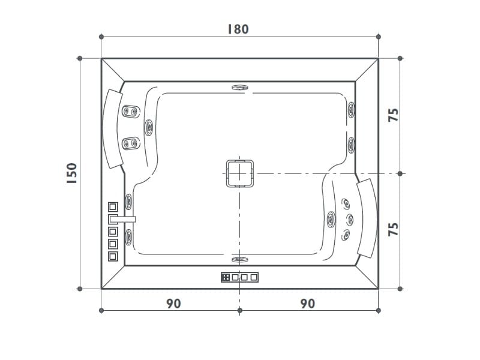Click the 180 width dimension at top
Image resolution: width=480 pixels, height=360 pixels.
point(238,29)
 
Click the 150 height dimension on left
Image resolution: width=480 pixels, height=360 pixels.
point(71,173)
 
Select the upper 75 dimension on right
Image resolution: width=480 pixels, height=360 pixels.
point(394,116)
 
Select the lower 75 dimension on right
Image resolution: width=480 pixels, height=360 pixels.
point(394,230)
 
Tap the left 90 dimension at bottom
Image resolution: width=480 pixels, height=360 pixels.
point(173,304)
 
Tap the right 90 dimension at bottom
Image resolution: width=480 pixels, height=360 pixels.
point(307,304)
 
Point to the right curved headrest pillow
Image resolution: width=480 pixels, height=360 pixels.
point(367,217)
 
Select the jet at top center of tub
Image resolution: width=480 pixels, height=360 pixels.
point(240,86)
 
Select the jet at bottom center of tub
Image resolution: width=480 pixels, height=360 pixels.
point(239,259)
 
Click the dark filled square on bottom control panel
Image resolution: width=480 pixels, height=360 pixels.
point(226,277)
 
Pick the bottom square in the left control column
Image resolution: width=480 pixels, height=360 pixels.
point(112,256)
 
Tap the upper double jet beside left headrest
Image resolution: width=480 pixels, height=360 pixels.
point(131,111)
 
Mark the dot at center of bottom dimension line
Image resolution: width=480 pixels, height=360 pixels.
point(239,310)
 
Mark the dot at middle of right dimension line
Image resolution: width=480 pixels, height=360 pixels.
point(400,173)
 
